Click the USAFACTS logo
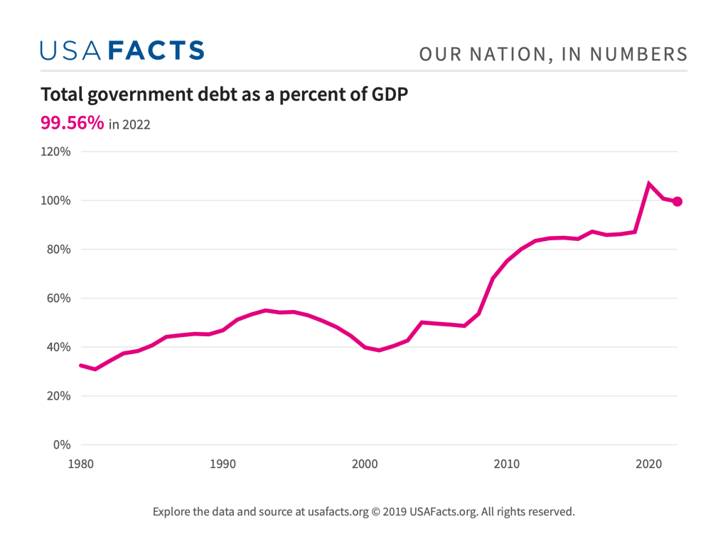(122, 50)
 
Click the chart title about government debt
(225, 95)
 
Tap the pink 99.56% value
(73, 123)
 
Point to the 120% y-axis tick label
(56, 151)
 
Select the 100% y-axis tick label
(56, 201)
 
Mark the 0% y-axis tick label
(62, 445)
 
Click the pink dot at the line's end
(678, 201)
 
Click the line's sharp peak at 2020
(649, 183)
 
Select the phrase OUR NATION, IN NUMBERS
(553, 54)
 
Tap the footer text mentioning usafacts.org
(363, 511)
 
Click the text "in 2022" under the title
(129, 125)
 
